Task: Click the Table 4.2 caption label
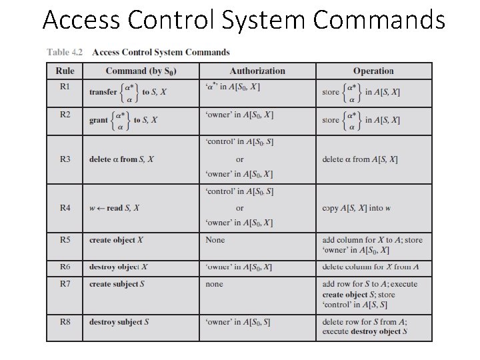coord(65,52)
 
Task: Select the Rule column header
coord(65,71)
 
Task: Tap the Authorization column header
coord(257,71)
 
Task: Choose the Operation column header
coord(373,71)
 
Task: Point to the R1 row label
coord(65,86)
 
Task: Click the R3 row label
coord(65,159)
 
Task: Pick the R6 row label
coord(65,267)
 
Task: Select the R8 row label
coord(65,322)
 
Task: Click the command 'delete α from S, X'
coord(121,159)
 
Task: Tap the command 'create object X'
coord(117,240)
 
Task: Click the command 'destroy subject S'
coord(119,322)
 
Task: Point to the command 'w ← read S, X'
coord(114,208)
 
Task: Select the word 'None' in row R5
coord(215,240)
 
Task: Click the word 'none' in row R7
coord(215,284)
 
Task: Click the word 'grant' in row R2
coord(99,121)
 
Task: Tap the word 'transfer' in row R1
coord(103,92)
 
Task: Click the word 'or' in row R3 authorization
coord(240,159)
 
